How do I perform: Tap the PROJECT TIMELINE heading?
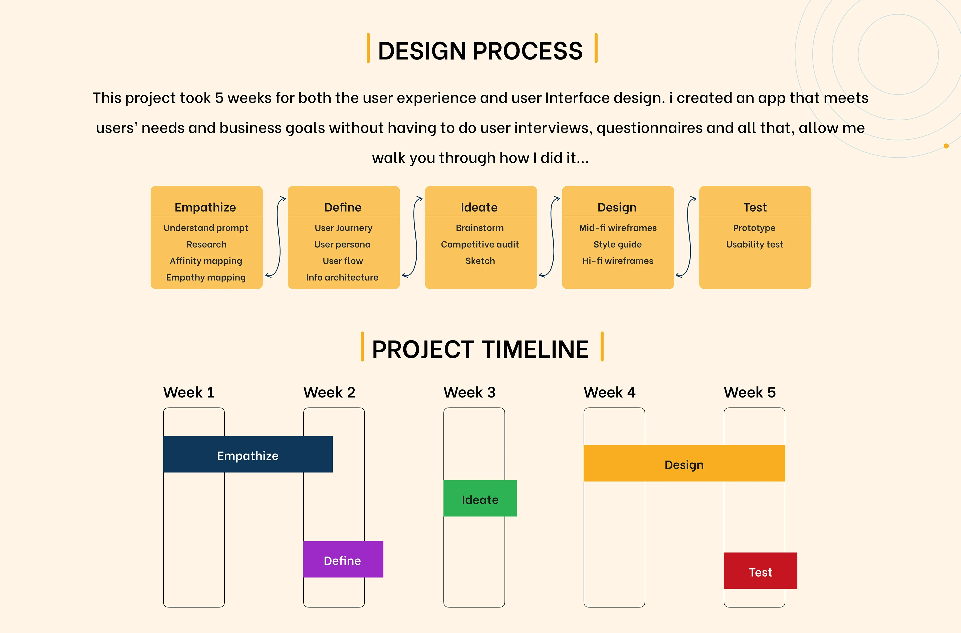pyautogui.click(x=480, y=349)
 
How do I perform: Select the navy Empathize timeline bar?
pyautogui.click(x=248, y=454)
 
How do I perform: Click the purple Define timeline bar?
pyautogui.click(x=343, y=559)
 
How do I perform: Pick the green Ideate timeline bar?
pyautogui.click(x=480, y=498)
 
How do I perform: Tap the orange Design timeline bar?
pyautogui.click(x=684, y=463)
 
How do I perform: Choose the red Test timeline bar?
pyautogui.click(x=761, y=571)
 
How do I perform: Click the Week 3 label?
pyautogui.click(x=469, y=392)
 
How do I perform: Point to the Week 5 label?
pyautogui.click(x=750, y=392)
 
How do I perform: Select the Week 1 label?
pyautogui.click(x=189, y=392)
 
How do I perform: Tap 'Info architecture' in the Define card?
pyautogui.click(x=342, y=277)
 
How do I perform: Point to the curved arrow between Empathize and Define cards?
pyautogui.click(x=279, y=237)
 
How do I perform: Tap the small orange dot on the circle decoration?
pyautogui.click(x=946, y=146)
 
